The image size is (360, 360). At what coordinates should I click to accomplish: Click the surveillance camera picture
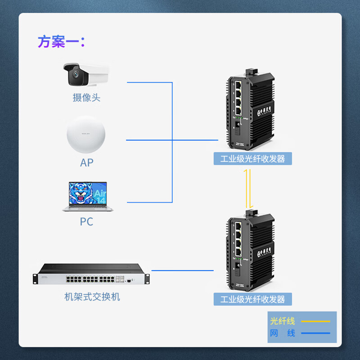tap(85, 75)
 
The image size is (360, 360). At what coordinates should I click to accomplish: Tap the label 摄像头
tap(86, 98)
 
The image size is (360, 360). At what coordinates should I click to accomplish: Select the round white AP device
tap(87, 135)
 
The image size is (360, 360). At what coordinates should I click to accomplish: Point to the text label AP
tap(86, 162)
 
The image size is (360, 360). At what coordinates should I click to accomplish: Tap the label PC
tap(86, 222)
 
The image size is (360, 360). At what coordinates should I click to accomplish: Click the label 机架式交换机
tap(92, 297)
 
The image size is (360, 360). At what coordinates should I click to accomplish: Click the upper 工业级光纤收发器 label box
tap(252, 159)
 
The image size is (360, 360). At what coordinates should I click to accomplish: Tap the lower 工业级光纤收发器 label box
tap(252, 299)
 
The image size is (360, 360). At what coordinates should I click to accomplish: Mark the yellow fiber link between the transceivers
tap(247, 189)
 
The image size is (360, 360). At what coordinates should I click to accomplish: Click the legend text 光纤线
tap(283, 321)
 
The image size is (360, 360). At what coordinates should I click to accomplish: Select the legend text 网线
tap(283, 333)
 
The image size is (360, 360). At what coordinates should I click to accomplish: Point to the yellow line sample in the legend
tap(315, 321)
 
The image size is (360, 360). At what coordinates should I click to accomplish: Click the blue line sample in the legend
tap(315, 333)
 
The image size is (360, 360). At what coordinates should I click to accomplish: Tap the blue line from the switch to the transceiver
tap(182, 270)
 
